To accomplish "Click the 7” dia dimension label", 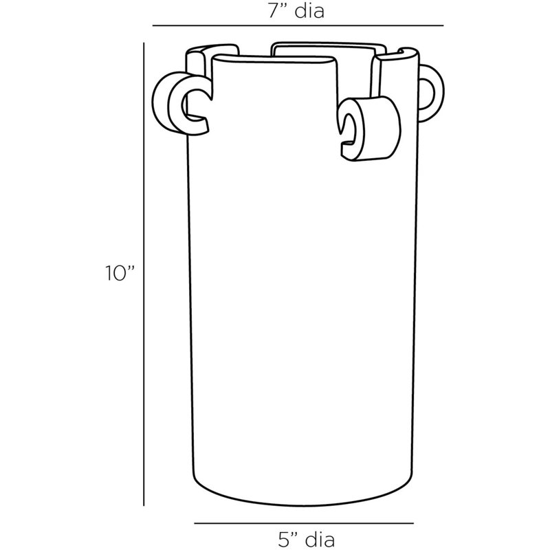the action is pos(296,10).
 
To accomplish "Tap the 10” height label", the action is pos(120,273).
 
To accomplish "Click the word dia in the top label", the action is pos(309,10).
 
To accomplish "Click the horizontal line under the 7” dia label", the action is pos(298,25).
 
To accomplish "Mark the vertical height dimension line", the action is pos(144,274).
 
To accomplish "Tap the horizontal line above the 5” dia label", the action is pos(304,524).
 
